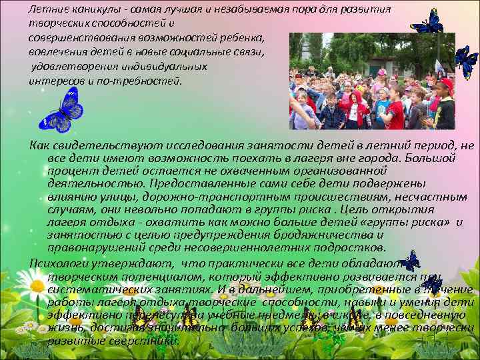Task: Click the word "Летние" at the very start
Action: tap(47, 9)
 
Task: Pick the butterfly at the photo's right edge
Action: tap(465, 61)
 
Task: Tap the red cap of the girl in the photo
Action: tap(446, 84)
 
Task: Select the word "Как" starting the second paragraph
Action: tap(41, 146)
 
